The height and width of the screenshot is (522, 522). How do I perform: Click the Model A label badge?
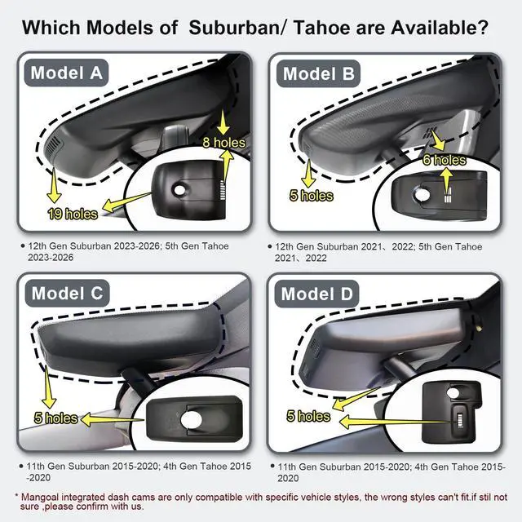[67, 73]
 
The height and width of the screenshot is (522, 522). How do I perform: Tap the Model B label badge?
[319, 73]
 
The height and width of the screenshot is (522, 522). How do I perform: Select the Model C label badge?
[67, 294]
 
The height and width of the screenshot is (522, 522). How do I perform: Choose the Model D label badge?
[316, 294]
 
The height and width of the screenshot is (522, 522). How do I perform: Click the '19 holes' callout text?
[73, 214]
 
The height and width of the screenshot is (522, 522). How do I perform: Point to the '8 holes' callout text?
[223, 143]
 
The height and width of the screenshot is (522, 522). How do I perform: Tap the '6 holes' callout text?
[444, 160]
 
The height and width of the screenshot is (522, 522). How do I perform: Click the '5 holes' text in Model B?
[312, 196]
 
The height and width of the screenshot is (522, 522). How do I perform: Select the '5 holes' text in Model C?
[56, 418]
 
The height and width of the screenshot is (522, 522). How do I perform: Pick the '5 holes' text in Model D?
[308, 416]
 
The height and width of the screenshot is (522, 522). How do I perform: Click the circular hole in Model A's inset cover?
[179, 190]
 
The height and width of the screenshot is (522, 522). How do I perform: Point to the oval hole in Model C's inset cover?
[192, 419]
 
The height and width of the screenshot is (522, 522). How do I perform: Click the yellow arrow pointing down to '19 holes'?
[54, 185]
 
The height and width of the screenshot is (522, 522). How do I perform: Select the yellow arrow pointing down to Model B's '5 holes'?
[308, 174]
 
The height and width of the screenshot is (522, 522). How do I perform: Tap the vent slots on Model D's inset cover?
[460, 421]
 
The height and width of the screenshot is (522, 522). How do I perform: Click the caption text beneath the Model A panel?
[128, 252]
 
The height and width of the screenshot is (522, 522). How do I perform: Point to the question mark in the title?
[483, 27]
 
